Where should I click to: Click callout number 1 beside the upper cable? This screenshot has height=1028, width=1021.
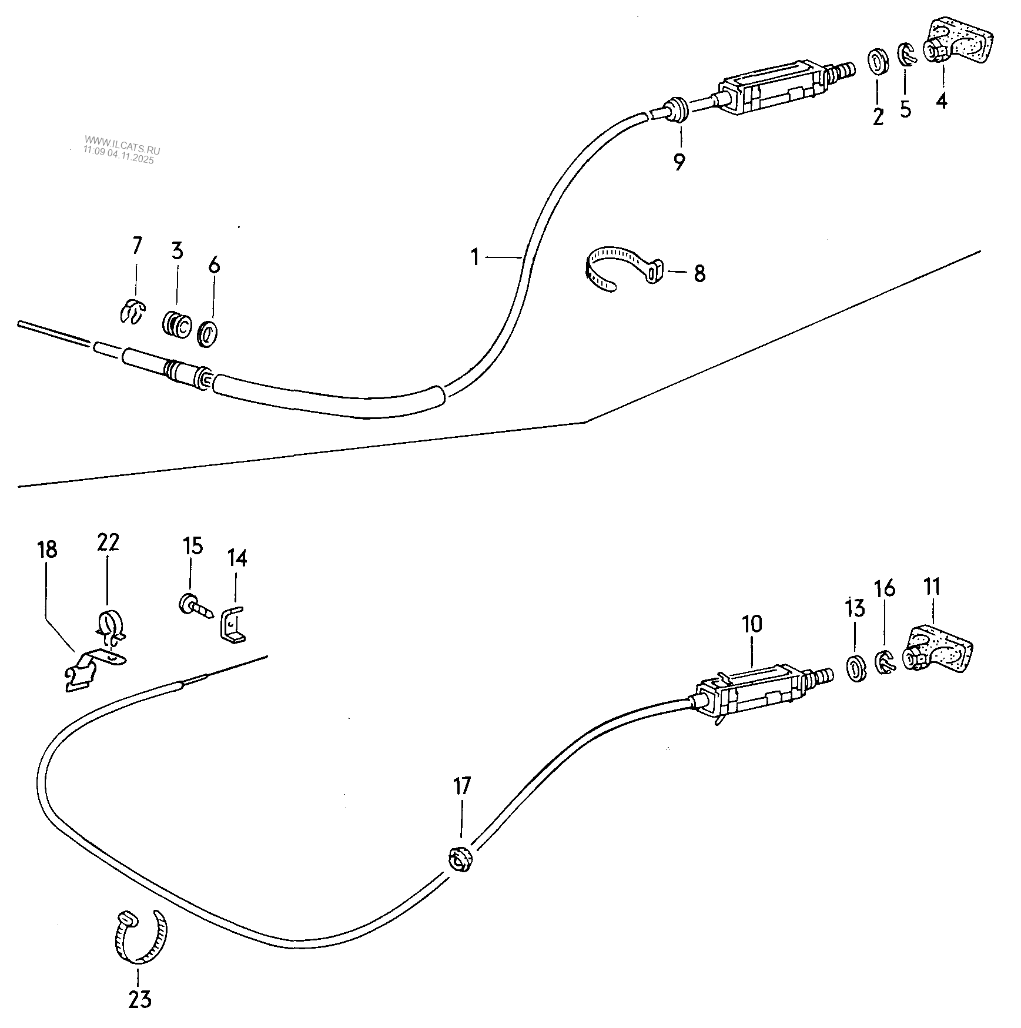pyautogui.click(x=475, y=257)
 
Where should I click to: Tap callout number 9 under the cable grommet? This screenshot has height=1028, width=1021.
pyautogui.click(x=679, y=161)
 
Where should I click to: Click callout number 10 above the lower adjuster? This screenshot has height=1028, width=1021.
pyautogui.click(x=751, y=624)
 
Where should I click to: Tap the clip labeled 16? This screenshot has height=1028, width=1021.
pyautogui.click(x=884, y=662)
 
